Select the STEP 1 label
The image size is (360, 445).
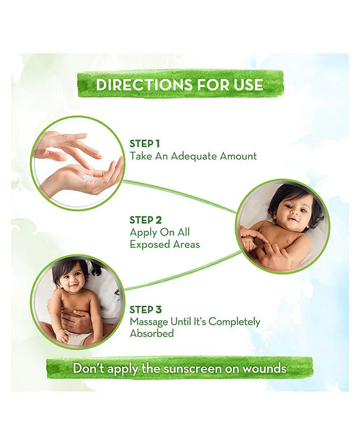[145, 143]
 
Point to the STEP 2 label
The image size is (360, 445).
[146, 219]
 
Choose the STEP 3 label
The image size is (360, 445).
[146, 308]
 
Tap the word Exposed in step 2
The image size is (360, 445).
[148, 245]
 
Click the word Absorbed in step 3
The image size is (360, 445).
[151, 334]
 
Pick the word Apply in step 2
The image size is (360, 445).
[142, 232]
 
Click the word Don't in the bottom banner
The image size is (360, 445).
[90, 368]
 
